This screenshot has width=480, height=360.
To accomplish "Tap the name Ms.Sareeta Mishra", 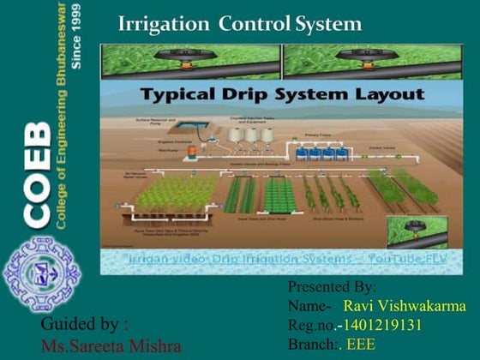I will (111, 346).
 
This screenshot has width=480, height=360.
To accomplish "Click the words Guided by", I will (85, 325).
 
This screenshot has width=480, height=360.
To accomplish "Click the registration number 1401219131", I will (381, 325).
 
